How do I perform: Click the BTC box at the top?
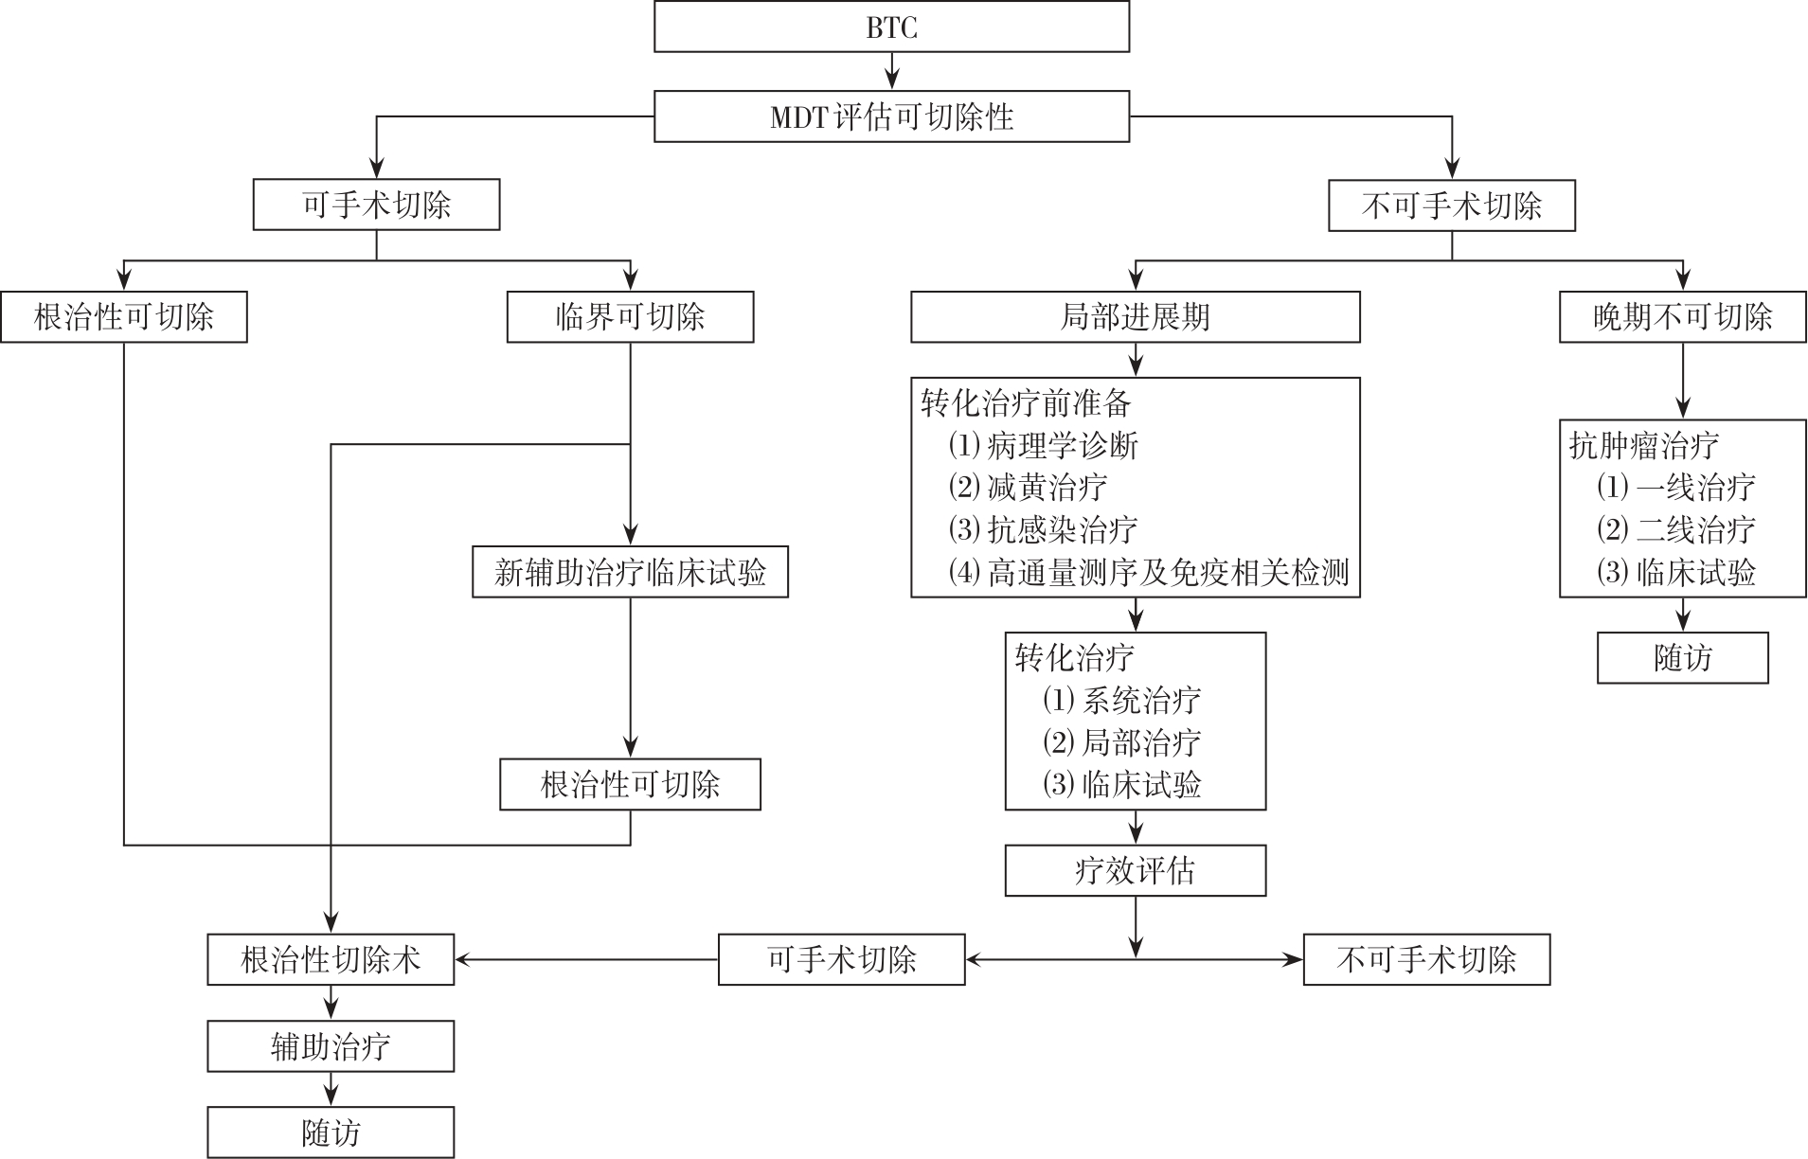coord(891,27)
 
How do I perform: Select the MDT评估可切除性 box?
coord(891,116)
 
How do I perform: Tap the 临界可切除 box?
coord(630,316)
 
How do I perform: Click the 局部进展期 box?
coord(1135,316)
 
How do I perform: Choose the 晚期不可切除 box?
coord(1682,316)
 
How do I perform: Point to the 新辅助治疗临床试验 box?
coord(630,572)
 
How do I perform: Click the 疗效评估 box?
coord(1135,870)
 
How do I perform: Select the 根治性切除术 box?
coord(331,960)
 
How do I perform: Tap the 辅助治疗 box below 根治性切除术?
coord(331,1046)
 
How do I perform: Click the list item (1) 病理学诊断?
coord(1043,445)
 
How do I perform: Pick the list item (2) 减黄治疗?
coord(1028,487)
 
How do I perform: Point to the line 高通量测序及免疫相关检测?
coord(1149,572)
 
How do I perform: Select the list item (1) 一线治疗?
coord(1675,487)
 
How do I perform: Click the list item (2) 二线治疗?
coord(1675,528)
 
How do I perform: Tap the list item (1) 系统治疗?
coord(1121,700)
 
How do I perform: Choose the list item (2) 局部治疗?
coord(1121,741)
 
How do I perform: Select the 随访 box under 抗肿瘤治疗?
coord(1682,658)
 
